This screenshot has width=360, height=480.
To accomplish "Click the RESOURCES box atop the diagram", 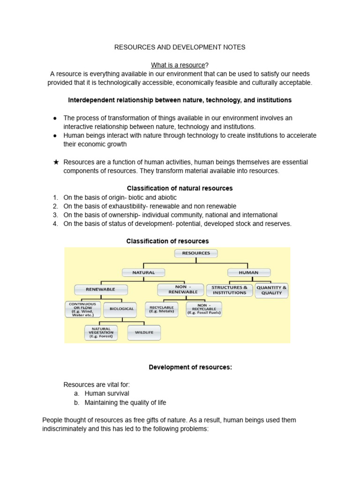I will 196,253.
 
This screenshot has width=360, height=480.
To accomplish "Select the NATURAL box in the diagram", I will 143,272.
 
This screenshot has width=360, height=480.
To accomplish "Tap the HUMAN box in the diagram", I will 248,272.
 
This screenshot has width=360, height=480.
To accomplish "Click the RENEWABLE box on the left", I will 100,289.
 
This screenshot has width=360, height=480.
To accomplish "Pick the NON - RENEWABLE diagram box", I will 180,290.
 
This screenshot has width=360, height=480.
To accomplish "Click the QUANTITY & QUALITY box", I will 272,290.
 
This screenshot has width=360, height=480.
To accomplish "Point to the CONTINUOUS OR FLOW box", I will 82,309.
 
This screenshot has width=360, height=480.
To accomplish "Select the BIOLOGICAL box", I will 122,309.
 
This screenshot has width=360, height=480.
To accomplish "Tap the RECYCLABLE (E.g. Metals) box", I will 161,309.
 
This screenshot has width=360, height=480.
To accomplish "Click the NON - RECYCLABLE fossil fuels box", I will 204,309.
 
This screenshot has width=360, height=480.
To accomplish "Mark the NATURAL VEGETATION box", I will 101,333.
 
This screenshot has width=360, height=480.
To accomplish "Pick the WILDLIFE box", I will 143,333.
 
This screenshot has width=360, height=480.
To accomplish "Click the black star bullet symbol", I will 56,162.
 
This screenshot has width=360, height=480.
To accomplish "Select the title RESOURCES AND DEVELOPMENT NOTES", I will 180,47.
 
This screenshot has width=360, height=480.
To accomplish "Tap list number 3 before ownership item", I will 55,215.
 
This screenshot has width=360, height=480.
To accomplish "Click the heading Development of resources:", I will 190,367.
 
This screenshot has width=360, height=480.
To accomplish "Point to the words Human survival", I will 107,393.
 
